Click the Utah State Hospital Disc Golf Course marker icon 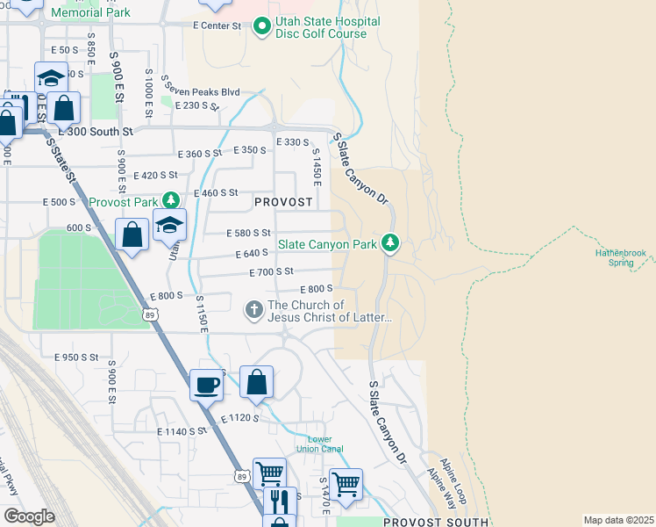pyautogui.click(x=260, y=26)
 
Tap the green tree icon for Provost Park pyautogui.click(x=174, y=202)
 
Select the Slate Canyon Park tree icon pyautogui.click(x=390, y=243)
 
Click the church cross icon pyautogui.click(x=254, y=309)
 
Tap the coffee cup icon pyautogui.click(x=207, y=384)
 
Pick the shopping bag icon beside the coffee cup pyautogui.click(x=256, y=382)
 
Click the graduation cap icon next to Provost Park pyautogui.click(x=169, y=225)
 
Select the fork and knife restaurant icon pyautogui.click(x=280, y=502)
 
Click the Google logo pyautogui.click(x=29, y=516)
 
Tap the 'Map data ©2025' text pyautogui.click(x=617, y=520)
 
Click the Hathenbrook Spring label pyautogui.click(x=620, y=256)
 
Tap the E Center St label pyautogui.click(x=217, y=26)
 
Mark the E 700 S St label pyautogui.click(x=271, y=272)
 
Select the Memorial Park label pyautogui.click(x=90, y=12)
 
